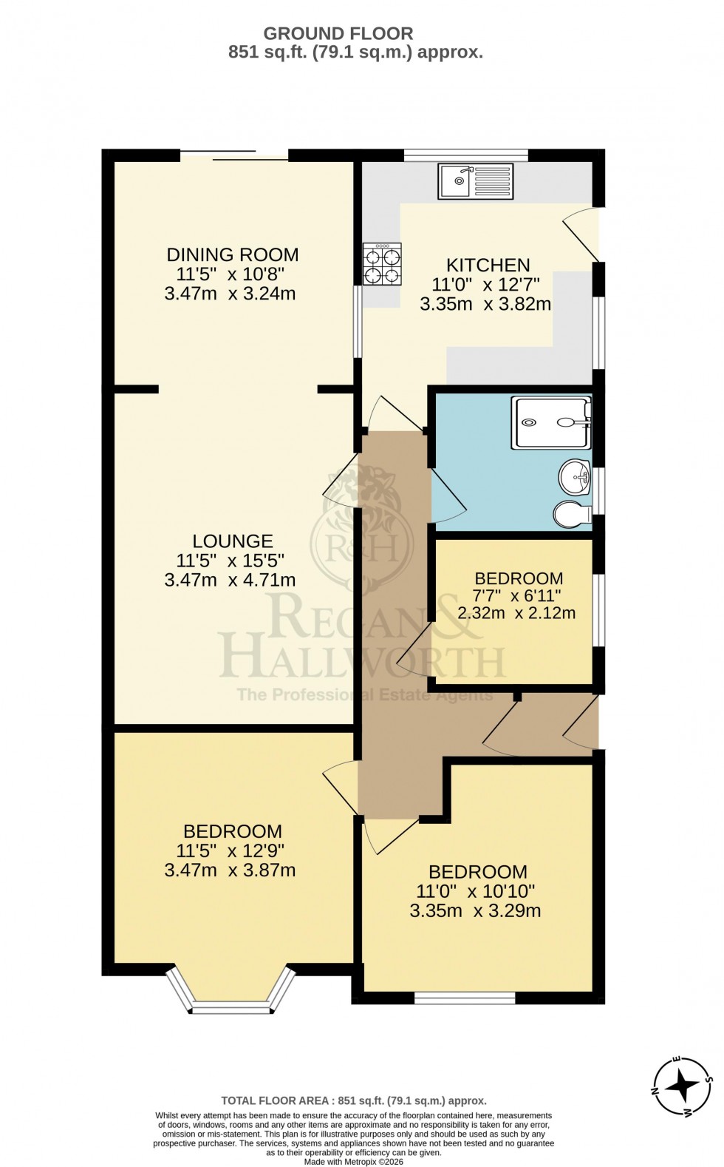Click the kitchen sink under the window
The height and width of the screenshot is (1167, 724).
(x=475, y=181)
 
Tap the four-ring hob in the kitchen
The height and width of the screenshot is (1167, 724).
(x=381, y=265)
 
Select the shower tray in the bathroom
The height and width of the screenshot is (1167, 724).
(x=553, y=422)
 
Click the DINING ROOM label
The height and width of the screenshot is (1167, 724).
(x=233, y=255)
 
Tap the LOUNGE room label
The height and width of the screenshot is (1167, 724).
(x=233, y=541)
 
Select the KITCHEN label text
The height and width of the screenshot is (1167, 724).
(x=488, y=265)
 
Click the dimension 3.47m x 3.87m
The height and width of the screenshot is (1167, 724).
(x=230, y=870)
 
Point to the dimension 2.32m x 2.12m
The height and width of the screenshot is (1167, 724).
(x=516, y=613)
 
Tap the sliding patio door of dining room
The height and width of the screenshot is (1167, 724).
(x=234, y=156)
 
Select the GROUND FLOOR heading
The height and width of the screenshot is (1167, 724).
(x=338, y=33)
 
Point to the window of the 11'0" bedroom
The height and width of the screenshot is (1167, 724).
(x=465, y=998)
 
